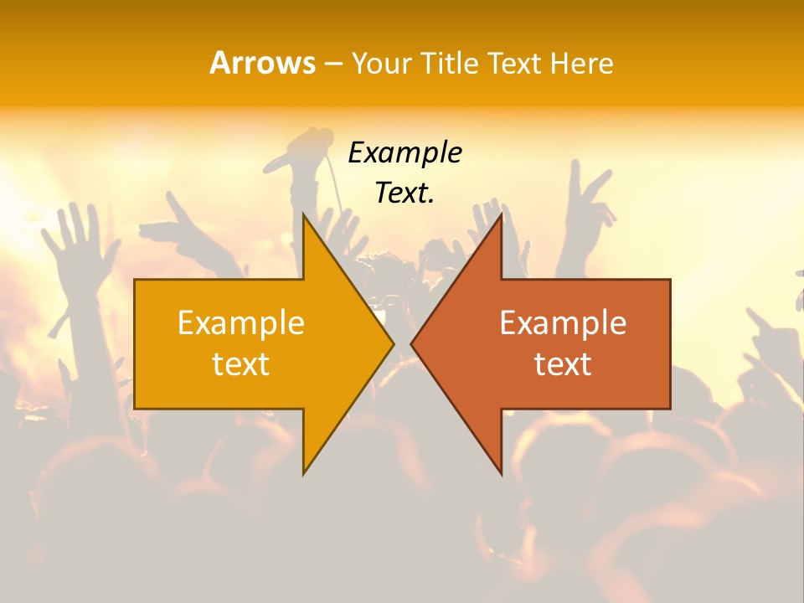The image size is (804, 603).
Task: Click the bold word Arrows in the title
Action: pyautogui.click(x=262, y=63)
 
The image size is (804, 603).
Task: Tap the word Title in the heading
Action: pyautogui.click(x=450, y=64)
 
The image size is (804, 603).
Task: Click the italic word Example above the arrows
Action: pyautogui.click(x=405, y=152)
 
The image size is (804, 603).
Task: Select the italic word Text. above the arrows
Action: pyautogui.click(x=405, y=193)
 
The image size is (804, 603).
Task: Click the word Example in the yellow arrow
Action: pyautogui.click(x=241, y=322)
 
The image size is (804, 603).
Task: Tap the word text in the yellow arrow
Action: pyautogui.click(x=241, y=364)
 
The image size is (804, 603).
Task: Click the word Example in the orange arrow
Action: pyautogui.click(x=563, y=322)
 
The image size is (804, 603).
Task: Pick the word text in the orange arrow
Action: pyautogui.click(x=563, y=364)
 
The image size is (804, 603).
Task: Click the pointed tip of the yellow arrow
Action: pyautogui.click(x=393, y=343)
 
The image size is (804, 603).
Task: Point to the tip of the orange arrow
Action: pyautogui.click(x=412, y=343)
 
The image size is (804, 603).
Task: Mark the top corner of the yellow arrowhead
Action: pyautogui.click(x=304, y=215)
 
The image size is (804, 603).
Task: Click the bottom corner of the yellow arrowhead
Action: pyautogui.click(x=304, y=473)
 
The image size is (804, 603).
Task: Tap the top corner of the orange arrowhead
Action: pyautogui.click(x=501, y=215)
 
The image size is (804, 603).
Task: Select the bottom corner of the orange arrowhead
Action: pyautogui.click(x=501, y=473)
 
